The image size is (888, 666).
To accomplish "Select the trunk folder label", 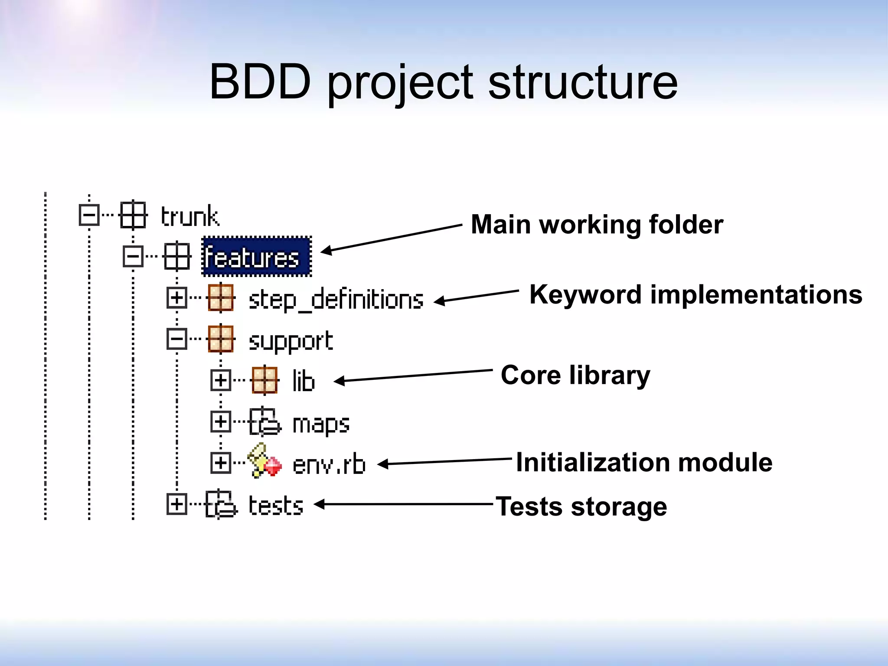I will point(190,216).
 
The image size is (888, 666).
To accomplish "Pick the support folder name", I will point(291,341).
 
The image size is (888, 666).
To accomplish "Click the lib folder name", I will point(303,381).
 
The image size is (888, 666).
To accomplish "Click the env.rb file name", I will point(329,464).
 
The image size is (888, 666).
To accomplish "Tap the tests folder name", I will point(276,505).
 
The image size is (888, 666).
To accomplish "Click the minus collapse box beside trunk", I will point(89,215).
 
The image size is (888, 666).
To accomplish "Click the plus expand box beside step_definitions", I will point(176,298).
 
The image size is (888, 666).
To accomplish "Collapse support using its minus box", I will point(176,339).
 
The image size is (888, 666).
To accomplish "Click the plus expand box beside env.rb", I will point(220,463).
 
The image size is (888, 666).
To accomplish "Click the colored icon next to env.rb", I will point(264,460).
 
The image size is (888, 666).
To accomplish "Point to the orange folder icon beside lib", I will point(264,380).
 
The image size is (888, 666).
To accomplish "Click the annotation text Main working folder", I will point(597,225).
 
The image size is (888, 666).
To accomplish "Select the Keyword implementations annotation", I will point(695,295).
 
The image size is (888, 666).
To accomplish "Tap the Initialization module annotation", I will point(644,462).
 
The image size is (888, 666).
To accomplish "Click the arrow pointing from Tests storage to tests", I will point(403,504).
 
